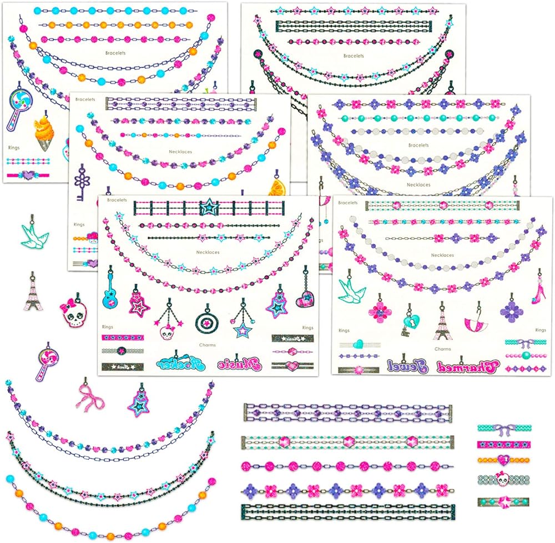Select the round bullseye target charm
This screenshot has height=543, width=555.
(205, 322)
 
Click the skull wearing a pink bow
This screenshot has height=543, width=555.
(72, 314)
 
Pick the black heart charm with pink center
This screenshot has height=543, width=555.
(305, 300)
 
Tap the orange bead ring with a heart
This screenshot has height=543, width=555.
(503, 460)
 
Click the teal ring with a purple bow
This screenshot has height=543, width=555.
(503, 428)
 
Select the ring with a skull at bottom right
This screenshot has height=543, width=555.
(503, 478)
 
